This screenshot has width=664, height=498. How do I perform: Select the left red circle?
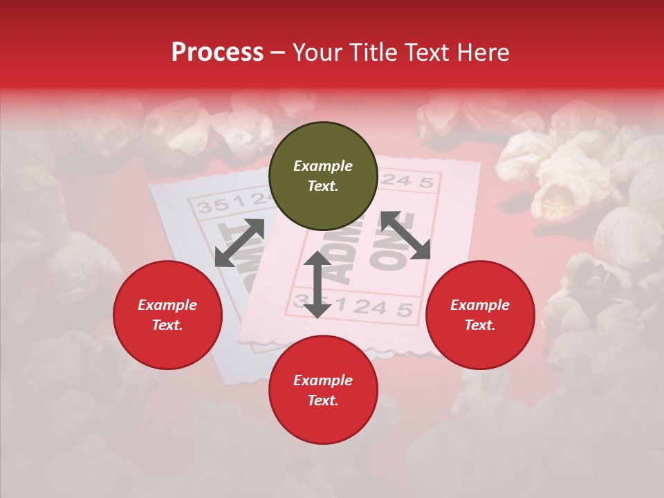[x=167, y=315]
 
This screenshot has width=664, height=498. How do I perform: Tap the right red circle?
[x=480, y=315]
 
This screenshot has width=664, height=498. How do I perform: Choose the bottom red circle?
[x=323, y=390]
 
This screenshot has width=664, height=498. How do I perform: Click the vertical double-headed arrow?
[x=317, y=284]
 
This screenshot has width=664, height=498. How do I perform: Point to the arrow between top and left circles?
[x=239, y=243]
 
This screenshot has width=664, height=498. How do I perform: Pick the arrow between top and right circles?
[x=405, y=235]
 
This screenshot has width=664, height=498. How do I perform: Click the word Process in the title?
[x=217, y=52]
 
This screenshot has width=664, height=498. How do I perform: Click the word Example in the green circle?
[x=323, y=166]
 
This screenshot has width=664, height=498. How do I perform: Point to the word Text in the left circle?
[x=167, y=325]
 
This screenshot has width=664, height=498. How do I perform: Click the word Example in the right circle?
[x=480, y=305]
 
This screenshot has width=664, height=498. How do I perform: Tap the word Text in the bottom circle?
[x=323, y=400]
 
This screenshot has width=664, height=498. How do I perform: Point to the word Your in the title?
[x=317, y=52]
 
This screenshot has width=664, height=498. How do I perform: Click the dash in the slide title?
[x=278, y=52]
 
